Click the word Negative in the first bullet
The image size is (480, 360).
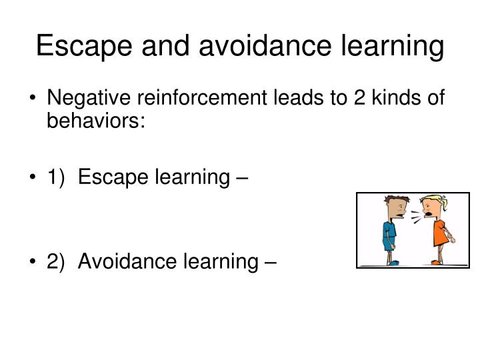[89, 99]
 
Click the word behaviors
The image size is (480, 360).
[95, 123]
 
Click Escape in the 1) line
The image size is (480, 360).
[110, 178]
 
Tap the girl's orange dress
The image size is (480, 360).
[441, 233]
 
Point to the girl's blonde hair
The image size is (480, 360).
[434, 200]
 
